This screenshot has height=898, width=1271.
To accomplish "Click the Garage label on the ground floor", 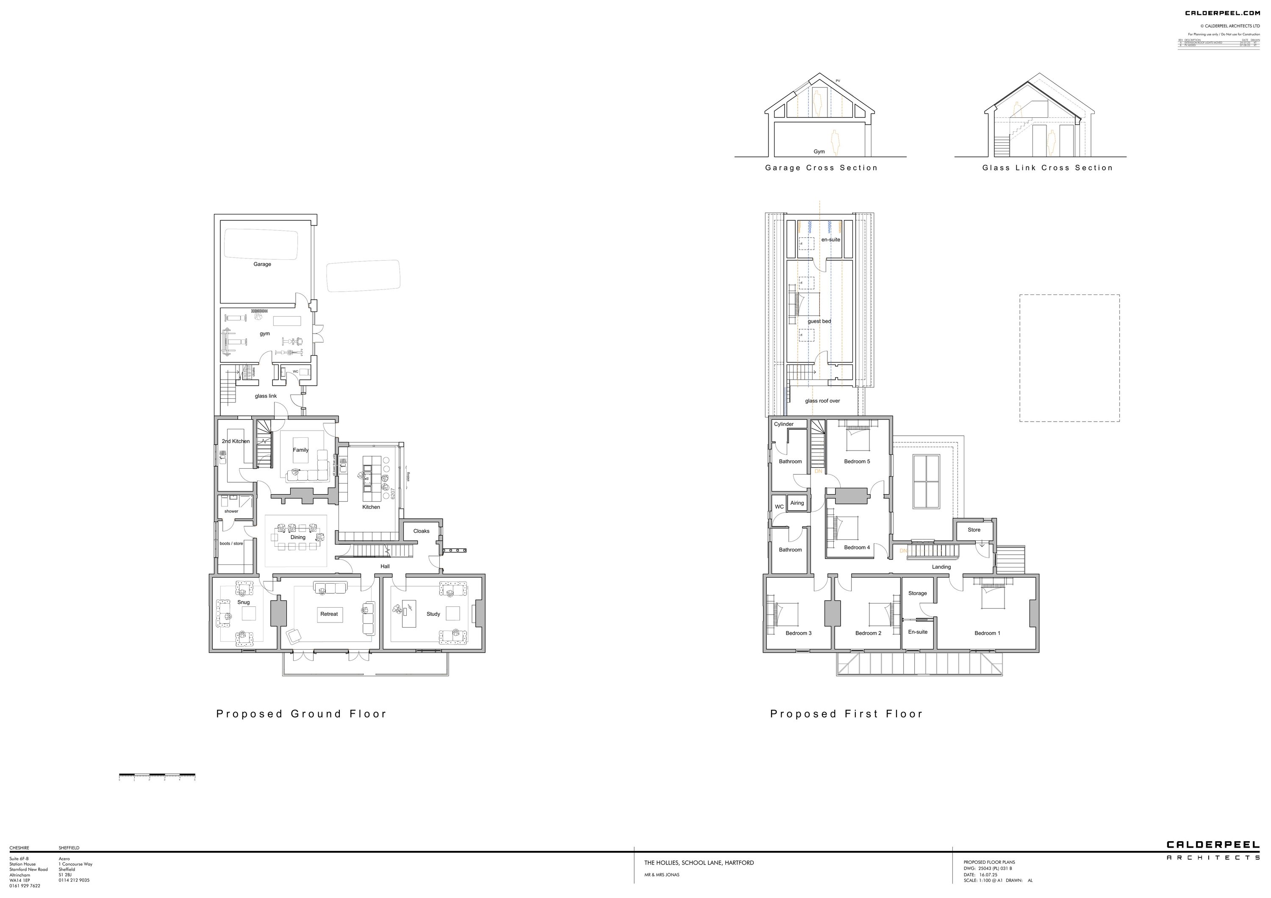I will pyautogui.click(x=262, y=264).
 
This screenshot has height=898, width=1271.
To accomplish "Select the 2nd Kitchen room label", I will pyautogui.click(x=236, y=441).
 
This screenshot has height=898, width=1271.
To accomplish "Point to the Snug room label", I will pyautogui.click(x=244, y=602).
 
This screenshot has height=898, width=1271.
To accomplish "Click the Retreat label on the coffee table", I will pyautogui.click(x=329, y=614).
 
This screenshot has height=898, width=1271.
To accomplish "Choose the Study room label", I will pyautogui.click(x=433, y=614).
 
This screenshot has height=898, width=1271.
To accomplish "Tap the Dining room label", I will pyautogui.click(x=298, y=538).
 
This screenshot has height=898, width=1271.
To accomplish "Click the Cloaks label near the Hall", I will pyautogui.click(x=421, y=531).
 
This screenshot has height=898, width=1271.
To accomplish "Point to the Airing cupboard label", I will pyautogui.click(x=797, y=503).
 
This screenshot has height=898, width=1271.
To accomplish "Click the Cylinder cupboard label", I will pyautogui.click(x=784, y=424).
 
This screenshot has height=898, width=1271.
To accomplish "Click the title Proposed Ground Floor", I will pyautogui.click(x=301, y=714).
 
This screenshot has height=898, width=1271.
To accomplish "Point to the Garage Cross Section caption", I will pyautogui.click(x=821, y=168).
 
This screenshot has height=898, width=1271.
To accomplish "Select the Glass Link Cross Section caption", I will pyautogui.click(x=1047, y=168).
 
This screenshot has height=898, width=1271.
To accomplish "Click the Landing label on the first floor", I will pyautogui.click(x=941, y=567).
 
